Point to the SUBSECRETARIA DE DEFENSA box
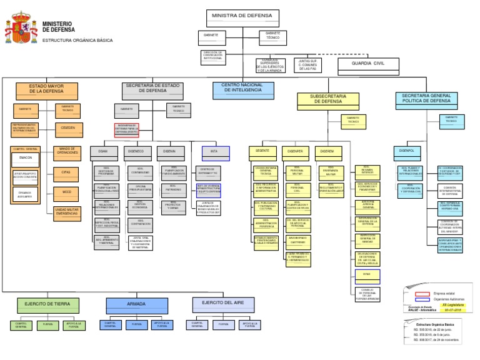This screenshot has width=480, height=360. [x=327, y=99]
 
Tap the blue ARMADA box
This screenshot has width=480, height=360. [x=136, y=304]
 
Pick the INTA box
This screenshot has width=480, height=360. [x=215, y=151]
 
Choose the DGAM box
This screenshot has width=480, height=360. [x=102, y=151]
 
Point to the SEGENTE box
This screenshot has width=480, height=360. [x=262, y=151]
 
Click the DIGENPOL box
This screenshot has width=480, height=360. [x=407, y=151]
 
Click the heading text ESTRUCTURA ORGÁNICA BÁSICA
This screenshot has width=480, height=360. [x=77, y=40]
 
